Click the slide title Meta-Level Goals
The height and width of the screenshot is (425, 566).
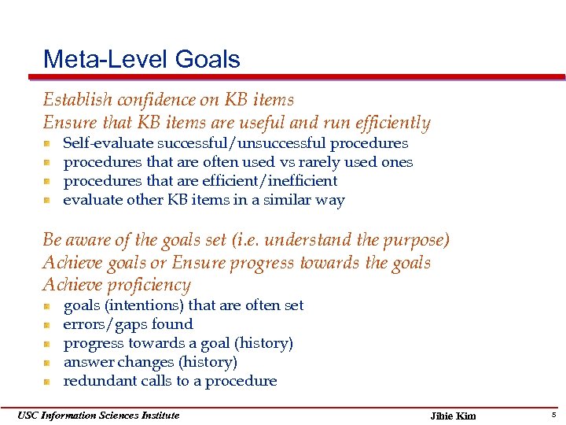pos(141,59)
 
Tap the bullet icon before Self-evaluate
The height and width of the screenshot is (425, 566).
pos(48,144)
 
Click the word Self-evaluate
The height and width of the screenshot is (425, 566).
pos(108,143)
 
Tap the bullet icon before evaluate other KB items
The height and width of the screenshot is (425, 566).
pos(48,201)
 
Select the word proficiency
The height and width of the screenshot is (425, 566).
pos(149,286)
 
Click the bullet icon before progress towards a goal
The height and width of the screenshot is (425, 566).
pos(48,344)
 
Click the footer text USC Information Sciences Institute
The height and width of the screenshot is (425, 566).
pos(98,416)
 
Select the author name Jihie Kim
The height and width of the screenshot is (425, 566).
pos(454,416)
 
